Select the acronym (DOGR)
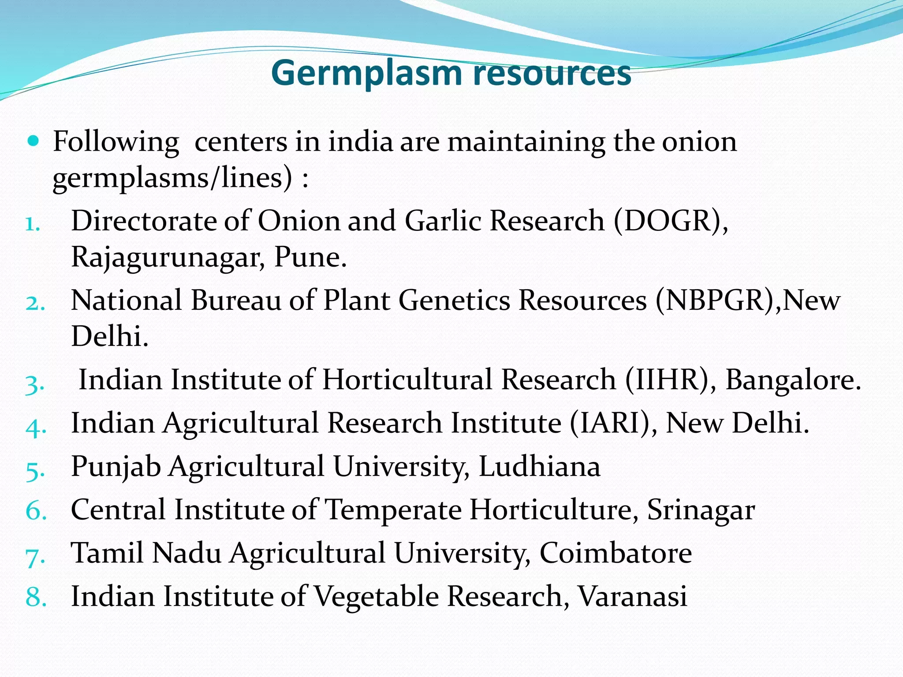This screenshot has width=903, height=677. pos(670,221)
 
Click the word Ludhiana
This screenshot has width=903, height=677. pos(539,466)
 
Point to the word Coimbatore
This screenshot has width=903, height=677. pos(616,553)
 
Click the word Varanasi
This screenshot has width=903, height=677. pos(632,596)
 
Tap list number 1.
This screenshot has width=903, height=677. pos(33,224)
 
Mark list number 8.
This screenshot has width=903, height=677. pos(36,597)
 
